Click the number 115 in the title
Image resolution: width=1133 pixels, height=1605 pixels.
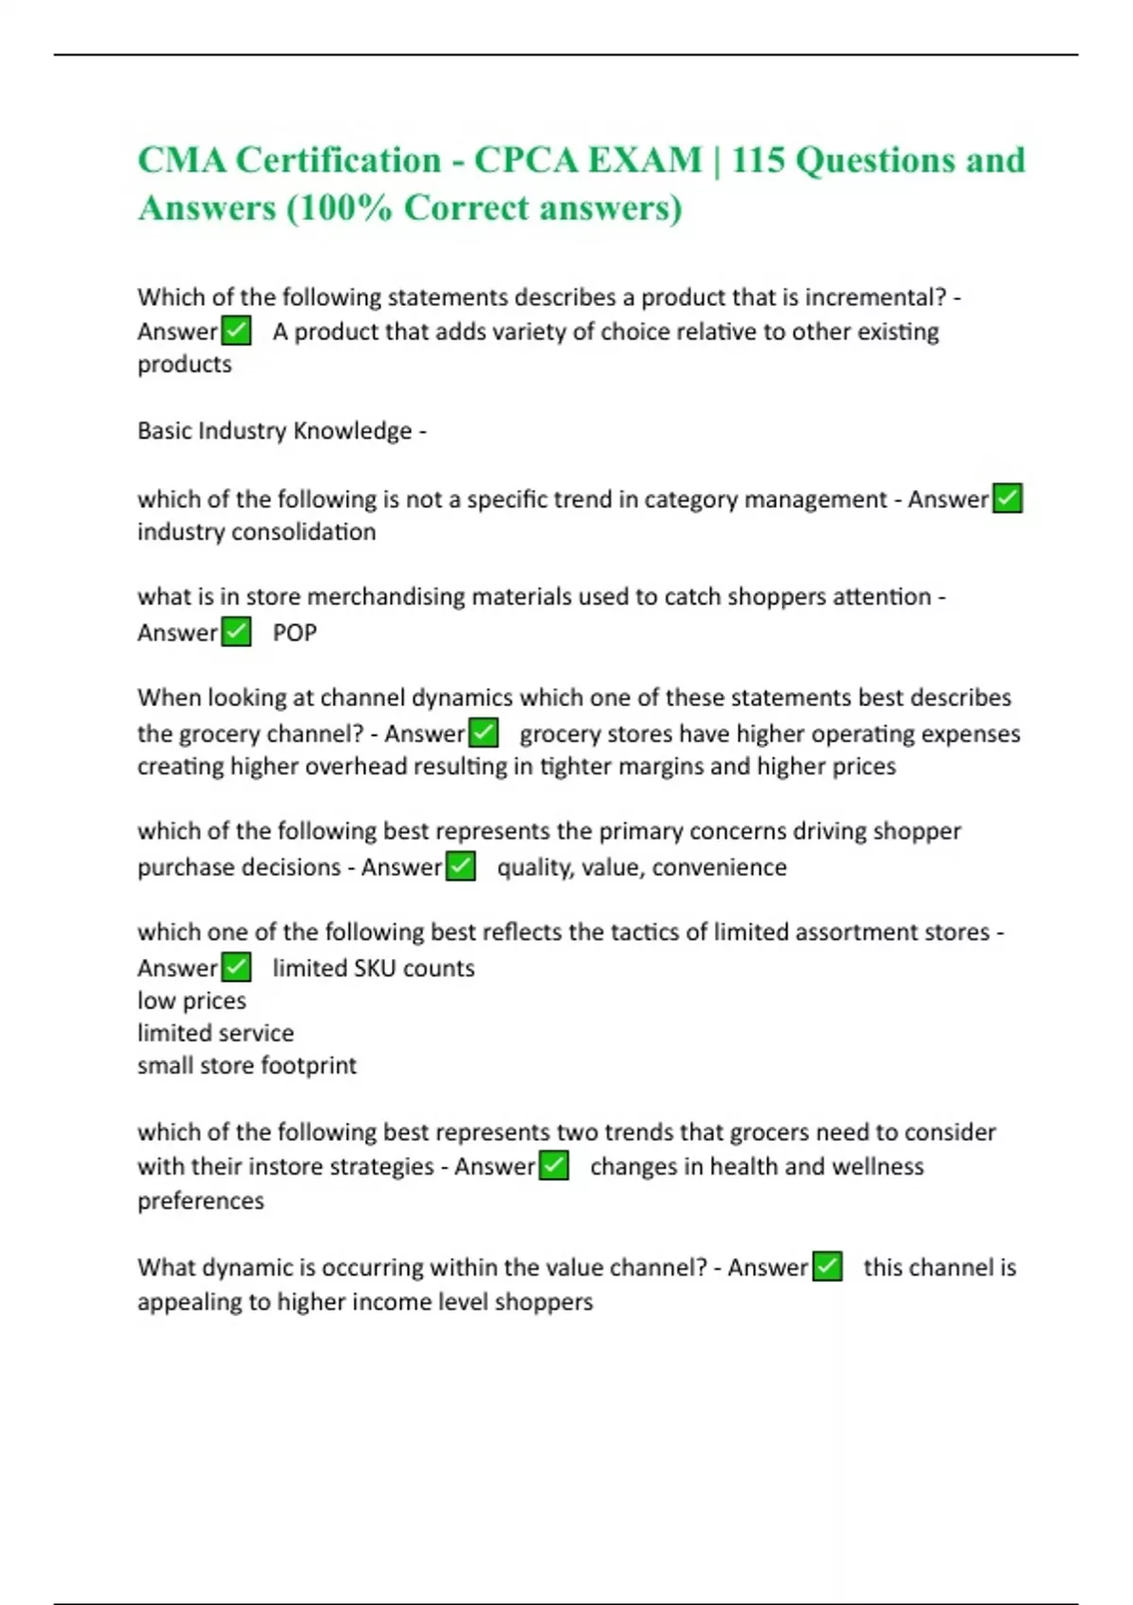click(757, 160)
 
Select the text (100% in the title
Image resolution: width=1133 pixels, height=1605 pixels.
click(339, 209)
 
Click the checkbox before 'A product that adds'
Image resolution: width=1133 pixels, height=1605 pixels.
click(236, 331)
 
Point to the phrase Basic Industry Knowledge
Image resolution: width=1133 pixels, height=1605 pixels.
click(275, 431)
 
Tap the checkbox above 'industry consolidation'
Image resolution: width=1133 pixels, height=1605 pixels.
click(1007, 498)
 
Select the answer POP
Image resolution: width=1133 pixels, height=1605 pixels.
click(295, 633)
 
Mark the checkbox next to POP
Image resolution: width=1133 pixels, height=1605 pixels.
click(236, 632)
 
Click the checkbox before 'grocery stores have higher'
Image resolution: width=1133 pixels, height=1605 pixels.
click(483, 733)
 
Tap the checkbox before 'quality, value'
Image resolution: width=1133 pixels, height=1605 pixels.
click(460, 866)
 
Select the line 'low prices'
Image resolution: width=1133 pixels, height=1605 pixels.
click(192, 1001)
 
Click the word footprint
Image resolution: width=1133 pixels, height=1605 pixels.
click(309, 1066)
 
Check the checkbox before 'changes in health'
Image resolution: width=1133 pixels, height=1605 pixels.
click(554, 1166)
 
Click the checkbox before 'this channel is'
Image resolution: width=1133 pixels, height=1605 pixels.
click(827, 1267)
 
